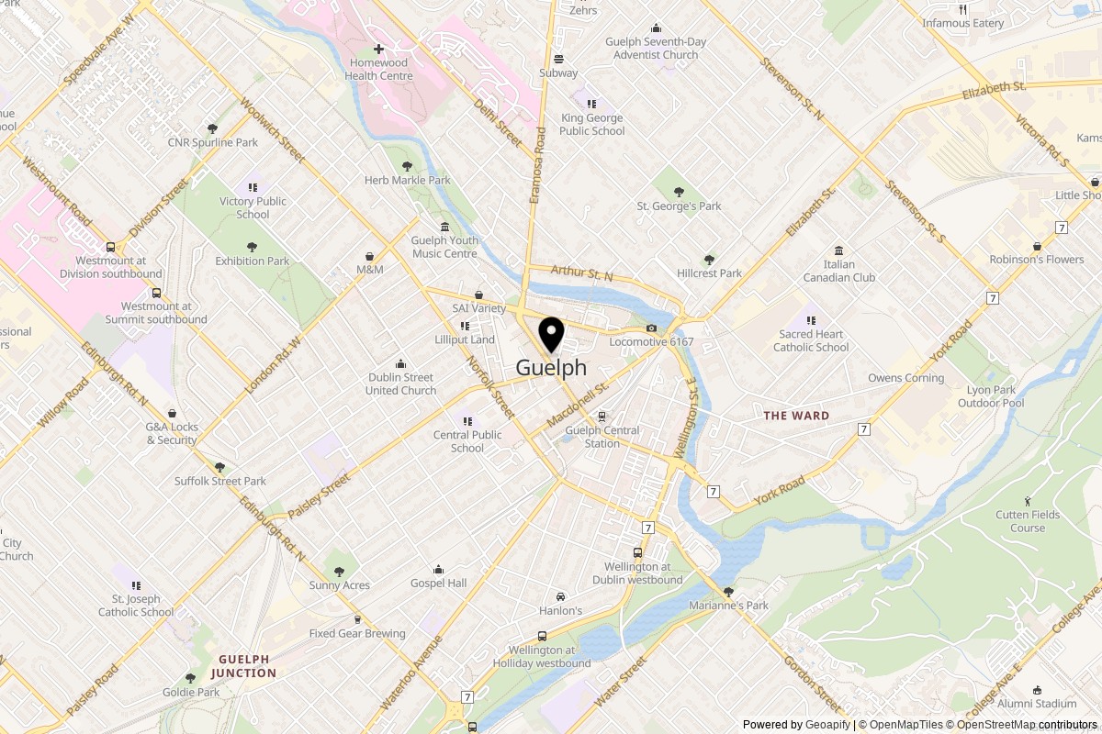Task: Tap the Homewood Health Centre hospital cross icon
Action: (x=378, y=49)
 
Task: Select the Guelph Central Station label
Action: (x=602, y=437)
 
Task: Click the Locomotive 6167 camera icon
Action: (x=651, y=328)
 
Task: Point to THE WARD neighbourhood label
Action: (x=796, y=416)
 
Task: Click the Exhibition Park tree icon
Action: (x=252, y=247)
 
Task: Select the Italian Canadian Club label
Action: (x=838, y=271)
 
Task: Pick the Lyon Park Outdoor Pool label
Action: (x=991, y=396)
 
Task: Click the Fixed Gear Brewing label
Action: (x=357, y=634)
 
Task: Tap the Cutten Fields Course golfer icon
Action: (x=1028, y=501)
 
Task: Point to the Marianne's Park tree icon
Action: (x=728, y=592)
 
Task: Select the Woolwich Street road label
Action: (x=272, y=131)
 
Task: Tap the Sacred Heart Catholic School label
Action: (x=811, y=340)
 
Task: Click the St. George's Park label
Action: (x=679, y=206)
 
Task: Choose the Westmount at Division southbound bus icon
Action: (x=110, y=247)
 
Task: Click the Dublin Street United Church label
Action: (x=400, y=384)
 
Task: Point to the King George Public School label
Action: (x=592, y=124)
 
